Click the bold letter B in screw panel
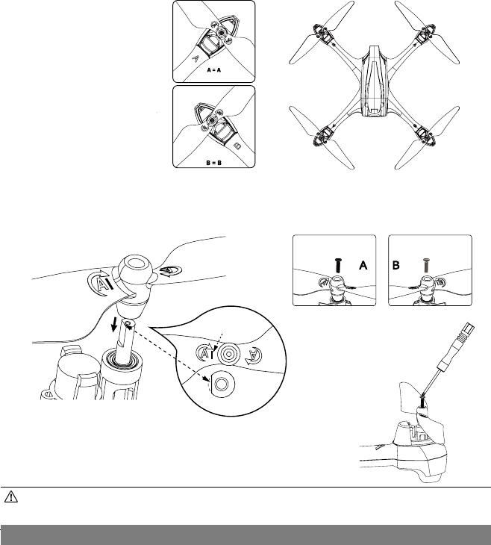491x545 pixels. (x=398, y=264)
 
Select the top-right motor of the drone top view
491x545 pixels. (x=429, y=34)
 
